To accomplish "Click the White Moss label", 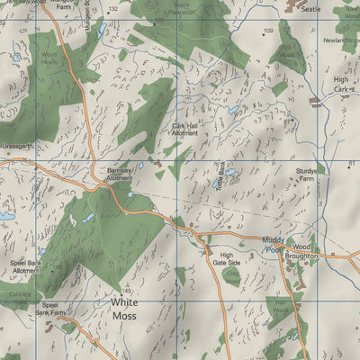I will coord(125,310).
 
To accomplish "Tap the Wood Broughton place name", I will coord(299,250).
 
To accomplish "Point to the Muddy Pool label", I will coord(273,246).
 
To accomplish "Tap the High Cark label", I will coord(340,84).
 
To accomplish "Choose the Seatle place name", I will coord(310,8).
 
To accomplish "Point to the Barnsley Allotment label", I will coord(120,174).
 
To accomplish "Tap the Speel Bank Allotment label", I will coord(25,266).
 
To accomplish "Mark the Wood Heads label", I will coord(49,58).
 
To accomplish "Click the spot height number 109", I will coord(268,31).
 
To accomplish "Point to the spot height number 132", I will coord(112,8).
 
